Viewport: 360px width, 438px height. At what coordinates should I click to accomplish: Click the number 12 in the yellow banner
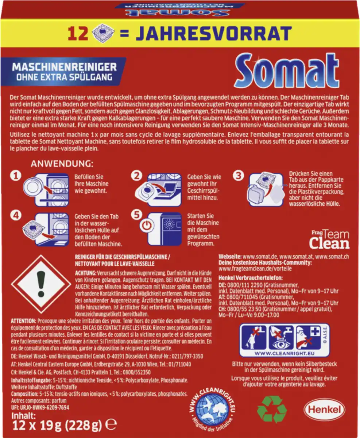pos(77,34)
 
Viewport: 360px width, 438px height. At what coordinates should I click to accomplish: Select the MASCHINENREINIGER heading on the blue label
pos(65,67)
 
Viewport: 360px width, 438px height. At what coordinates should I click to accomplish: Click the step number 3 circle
pos(238,176)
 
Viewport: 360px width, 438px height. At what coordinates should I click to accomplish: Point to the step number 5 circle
pos(136,215)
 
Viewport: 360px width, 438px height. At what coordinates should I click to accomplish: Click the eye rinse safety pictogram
pos(281,337)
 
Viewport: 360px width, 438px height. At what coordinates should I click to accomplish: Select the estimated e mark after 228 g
pos(113,425)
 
